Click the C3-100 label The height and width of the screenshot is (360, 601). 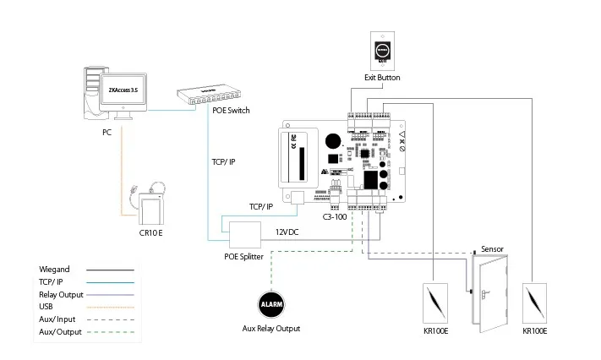click(x=336, y=216)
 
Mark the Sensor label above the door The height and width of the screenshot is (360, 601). click(x=494, y=250)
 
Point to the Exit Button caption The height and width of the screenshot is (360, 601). click(x=382, y=78)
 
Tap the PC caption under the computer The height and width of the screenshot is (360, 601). click(x=107, y=133)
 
